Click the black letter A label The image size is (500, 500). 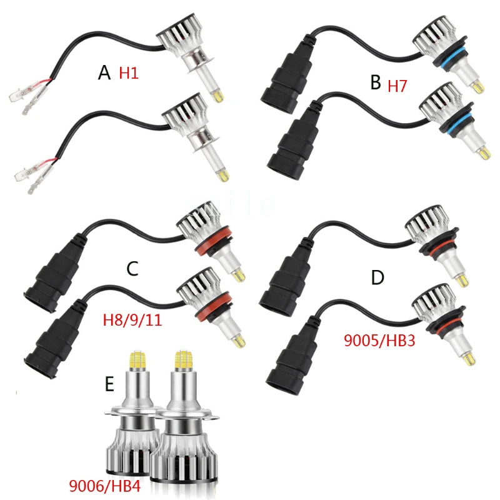click(104, 74)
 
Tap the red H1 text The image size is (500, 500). click(129, 73)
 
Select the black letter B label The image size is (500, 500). click(375, 82)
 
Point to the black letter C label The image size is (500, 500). click(132, 269)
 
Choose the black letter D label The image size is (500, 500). click(377, 277)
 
